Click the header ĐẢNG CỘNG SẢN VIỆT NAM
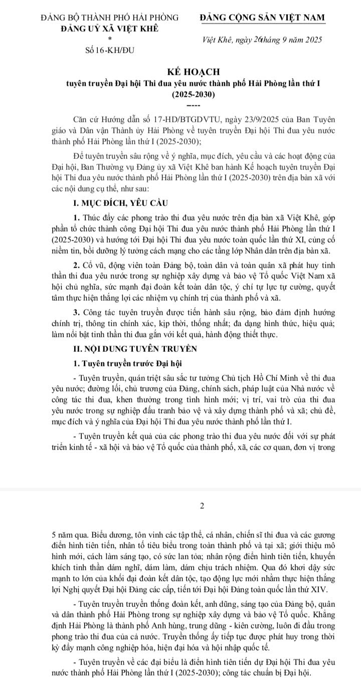[x=262, y=18]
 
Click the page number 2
[x=201, y=507]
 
